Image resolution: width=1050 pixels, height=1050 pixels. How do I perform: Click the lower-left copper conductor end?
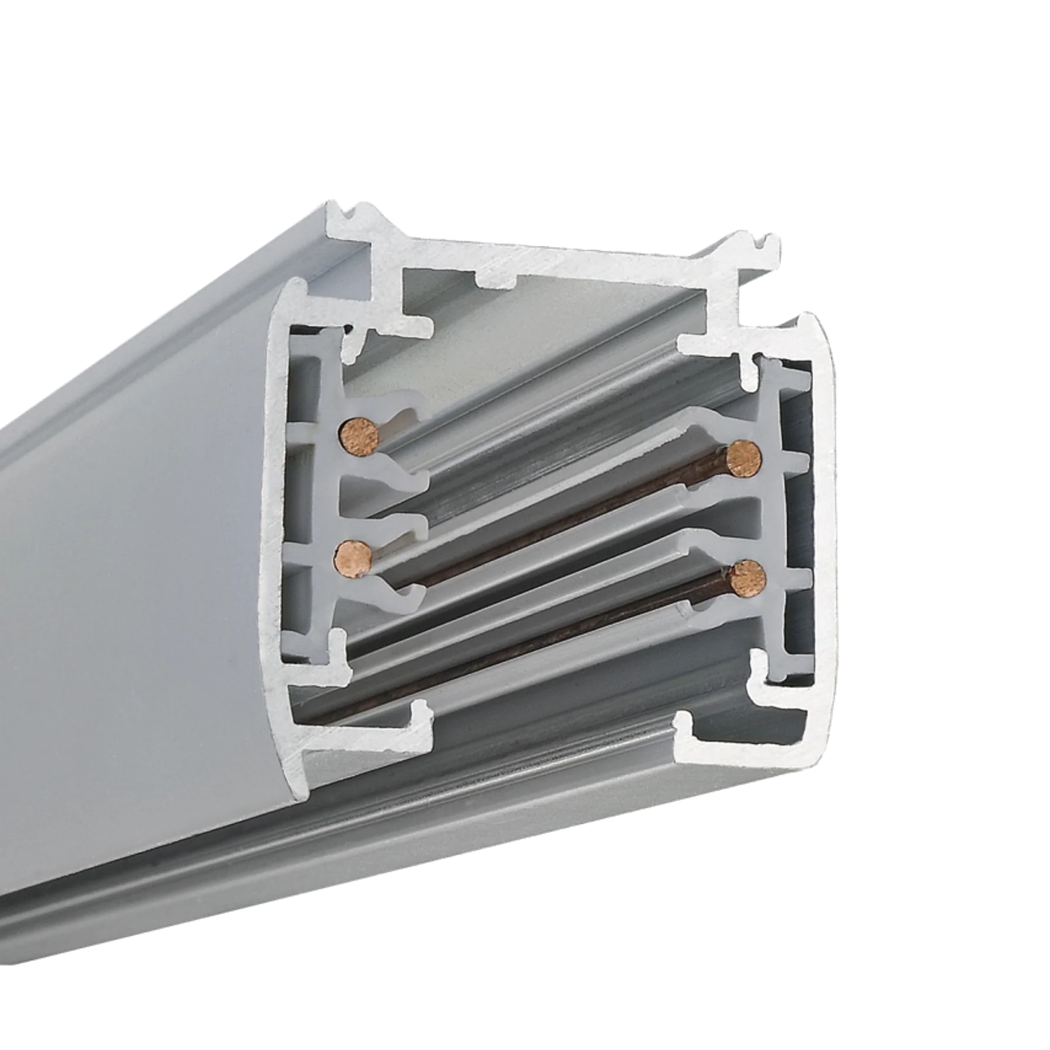[352, 558]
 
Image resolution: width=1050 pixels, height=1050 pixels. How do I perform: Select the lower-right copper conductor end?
[748, 578]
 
